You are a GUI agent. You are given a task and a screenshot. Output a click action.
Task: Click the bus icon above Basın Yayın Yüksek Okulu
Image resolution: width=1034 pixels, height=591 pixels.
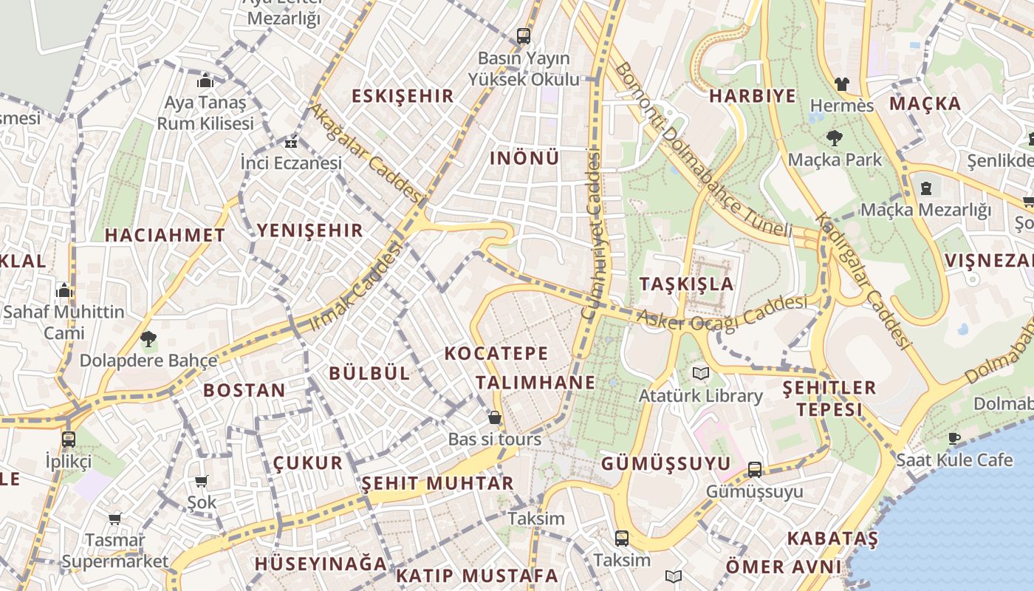524,35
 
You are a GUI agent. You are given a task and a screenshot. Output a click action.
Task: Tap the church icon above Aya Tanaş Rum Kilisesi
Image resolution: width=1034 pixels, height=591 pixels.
205,81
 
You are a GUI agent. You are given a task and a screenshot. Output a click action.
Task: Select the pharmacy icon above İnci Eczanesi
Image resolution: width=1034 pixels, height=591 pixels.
291,143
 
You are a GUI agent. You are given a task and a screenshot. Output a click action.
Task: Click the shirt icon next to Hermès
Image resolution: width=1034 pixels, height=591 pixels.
841,84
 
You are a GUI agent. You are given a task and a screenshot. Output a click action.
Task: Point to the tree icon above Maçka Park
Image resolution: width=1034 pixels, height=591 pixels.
835,137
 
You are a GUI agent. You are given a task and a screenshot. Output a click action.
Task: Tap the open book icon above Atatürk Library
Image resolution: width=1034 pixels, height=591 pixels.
700,374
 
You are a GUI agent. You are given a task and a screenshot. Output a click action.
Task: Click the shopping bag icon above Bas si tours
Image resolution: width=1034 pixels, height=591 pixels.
495,417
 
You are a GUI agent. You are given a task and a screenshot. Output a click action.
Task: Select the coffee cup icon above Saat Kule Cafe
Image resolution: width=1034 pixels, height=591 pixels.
954,438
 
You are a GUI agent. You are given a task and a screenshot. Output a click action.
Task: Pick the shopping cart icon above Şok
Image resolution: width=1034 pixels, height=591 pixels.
201,481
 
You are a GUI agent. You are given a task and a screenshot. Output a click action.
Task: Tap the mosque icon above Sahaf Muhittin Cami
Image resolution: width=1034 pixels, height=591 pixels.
64,290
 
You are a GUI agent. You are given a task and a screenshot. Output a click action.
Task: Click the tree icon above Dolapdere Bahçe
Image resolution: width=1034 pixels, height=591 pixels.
148,339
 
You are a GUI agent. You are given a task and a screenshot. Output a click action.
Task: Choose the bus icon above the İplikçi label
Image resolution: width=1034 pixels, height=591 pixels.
68,440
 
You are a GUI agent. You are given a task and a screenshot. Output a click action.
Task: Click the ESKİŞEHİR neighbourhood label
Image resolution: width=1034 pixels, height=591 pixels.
403,96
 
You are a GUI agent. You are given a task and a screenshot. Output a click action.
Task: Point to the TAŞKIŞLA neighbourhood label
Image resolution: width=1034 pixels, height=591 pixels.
686,284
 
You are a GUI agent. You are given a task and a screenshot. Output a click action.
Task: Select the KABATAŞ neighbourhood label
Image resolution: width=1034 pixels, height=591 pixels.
832,539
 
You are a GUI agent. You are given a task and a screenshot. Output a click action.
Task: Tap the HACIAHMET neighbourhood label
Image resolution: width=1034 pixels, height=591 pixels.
165,236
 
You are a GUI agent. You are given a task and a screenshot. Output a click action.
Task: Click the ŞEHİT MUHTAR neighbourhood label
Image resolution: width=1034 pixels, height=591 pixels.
437,484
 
